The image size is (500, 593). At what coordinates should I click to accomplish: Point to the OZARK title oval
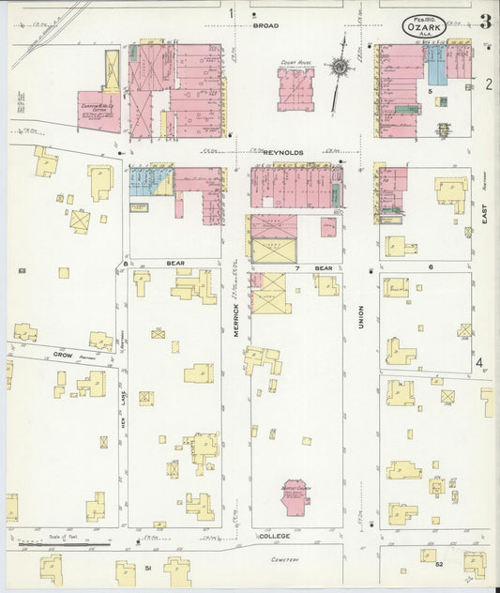(x=425, y=26)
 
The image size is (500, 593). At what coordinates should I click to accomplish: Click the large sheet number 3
(x=484, y=23)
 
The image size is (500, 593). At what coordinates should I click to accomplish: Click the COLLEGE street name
(x=274, y=536)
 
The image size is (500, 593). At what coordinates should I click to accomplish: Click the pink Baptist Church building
(x=296, y=496)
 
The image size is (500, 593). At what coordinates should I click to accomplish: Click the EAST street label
(x=485, y=218)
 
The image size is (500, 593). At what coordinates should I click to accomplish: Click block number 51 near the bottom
(x=147, y=567)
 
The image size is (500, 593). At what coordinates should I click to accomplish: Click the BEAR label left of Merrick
(x=174, y=265)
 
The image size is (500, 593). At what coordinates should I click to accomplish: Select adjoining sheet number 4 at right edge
(x=479, y=363)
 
